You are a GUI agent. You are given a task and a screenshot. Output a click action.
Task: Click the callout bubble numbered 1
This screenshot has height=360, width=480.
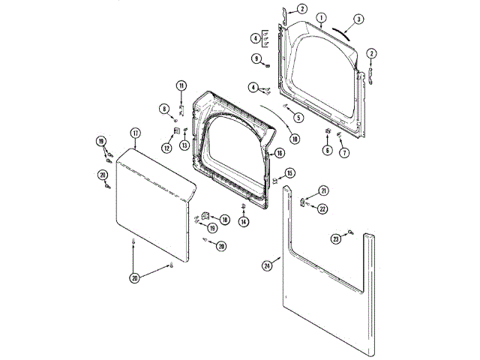point(321,17)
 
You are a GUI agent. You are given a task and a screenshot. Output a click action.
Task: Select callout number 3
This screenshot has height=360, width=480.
point(358,19)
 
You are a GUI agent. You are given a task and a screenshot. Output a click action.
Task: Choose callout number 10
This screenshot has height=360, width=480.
point(294,138)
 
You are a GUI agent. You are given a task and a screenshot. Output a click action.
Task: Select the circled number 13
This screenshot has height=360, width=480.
point(184,145)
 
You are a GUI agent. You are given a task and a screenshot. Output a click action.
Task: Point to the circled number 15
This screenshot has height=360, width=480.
point(290,173)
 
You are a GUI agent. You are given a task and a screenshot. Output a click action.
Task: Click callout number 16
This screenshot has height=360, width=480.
point(279,153)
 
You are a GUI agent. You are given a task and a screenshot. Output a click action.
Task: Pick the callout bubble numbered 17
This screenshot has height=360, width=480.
point(135,133)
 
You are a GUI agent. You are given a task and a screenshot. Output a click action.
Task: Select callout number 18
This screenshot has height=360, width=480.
point(224,220)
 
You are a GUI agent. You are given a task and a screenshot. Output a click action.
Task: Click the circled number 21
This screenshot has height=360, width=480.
point(323,190)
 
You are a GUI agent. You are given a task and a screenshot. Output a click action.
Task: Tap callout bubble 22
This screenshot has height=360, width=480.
point(323,208)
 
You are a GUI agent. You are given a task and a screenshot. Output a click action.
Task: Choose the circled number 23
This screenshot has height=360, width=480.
point(337,238)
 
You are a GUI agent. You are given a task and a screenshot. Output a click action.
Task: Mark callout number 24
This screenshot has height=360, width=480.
point(267,265)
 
